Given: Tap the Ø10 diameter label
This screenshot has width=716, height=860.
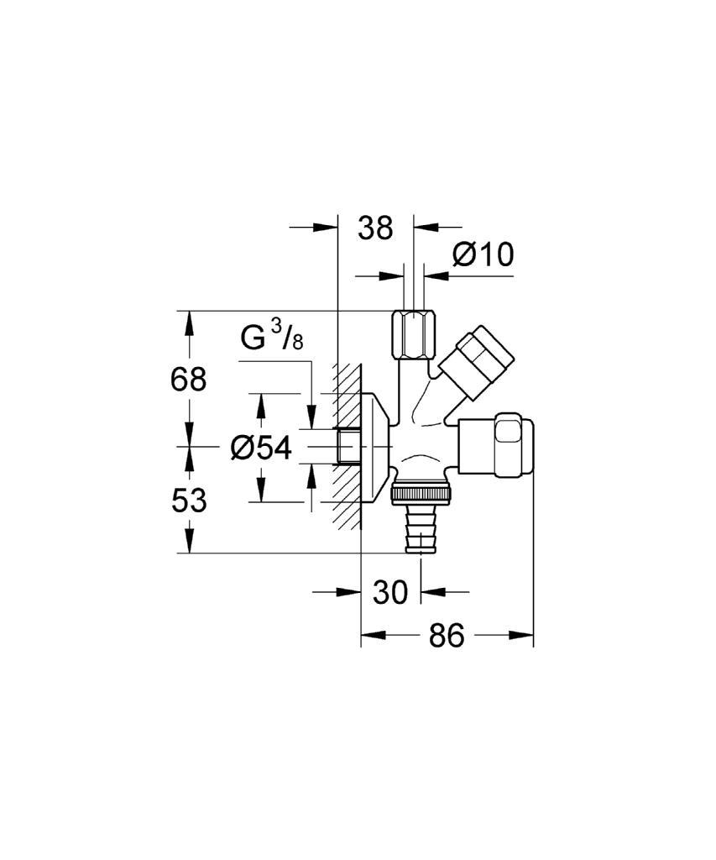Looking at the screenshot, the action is click(483, 254).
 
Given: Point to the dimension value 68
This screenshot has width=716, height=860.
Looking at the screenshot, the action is click(189, 379).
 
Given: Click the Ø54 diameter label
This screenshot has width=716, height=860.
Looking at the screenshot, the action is click(261, 448).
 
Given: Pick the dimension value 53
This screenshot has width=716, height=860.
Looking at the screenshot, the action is click(189, 501).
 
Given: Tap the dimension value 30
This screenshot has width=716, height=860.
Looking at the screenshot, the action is click(390, 592).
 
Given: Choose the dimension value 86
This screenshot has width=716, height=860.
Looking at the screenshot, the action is click(447, 636).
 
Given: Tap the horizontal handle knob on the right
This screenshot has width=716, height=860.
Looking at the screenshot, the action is click(495, 445).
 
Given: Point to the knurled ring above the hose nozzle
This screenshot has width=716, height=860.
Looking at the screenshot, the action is click(421, 491).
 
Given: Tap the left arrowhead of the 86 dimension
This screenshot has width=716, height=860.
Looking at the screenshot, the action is click(371, 635).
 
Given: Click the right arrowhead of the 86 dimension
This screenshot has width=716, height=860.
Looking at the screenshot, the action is click(522, 635).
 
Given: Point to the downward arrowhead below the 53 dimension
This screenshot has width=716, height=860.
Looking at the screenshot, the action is click(189, 542).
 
